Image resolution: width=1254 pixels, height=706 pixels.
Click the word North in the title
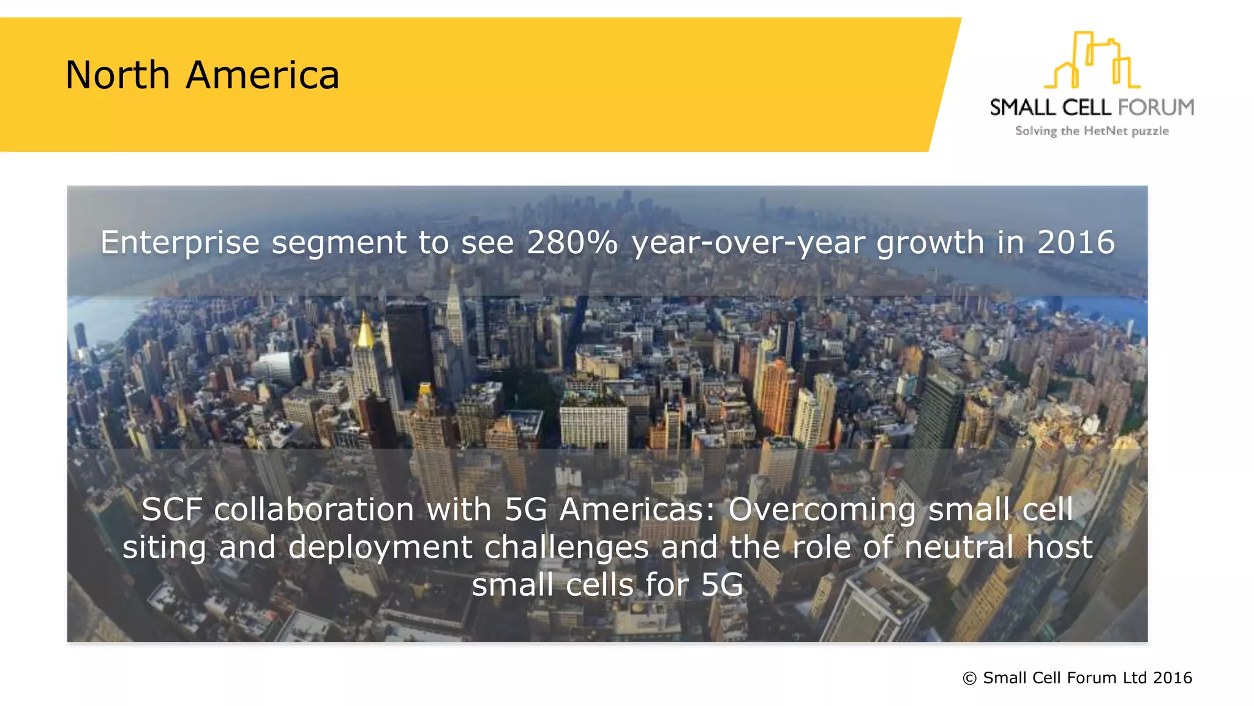pyautogui.click(x=118, y=75)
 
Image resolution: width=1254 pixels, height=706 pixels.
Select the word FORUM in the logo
pyautogui.click(x=1155, y=108)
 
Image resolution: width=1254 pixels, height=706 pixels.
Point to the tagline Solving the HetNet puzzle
pyautogui.click(x=1092, y=131)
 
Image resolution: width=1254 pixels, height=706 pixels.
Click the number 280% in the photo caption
pyautogui.click(x=572, y=242)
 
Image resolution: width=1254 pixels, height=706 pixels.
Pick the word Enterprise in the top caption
pyautogui.click(x=180, y=242)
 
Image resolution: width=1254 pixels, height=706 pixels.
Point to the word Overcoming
pyautogui.click(x=822, y=510)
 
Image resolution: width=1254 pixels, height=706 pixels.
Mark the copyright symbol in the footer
pyautogui.click(x=969, y=678)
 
